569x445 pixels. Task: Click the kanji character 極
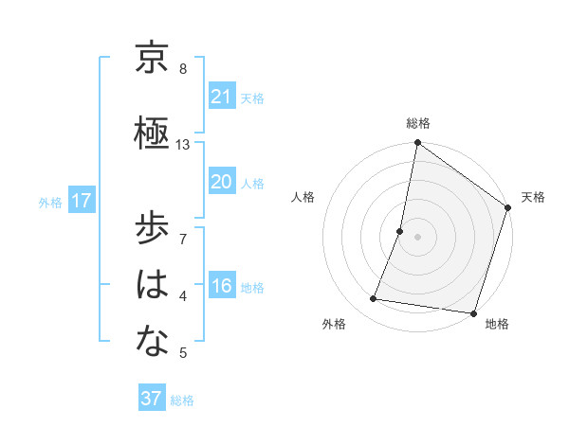152,133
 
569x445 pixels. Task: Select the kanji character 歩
152,230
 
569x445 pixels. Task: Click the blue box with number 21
221,96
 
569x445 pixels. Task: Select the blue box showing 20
221,181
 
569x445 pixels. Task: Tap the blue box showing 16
221,286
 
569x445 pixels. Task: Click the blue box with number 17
81,201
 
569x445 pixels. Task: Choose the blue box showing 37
151,399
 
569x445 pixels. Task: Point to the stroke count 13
183,144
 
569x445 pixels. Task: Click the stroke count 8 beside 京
182,69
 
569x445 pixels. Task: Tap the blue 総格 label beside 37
182,400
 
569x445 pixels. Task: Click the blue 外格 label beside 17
50,202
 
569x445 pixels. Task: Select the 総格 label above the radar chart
417,123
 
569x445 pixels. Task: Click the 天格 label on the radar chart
533,197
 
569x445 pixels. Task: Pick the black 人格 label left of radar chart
303,197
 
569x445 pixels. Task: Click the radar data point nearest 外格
374,299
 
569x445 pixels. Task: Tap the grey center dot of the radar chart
417,237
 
